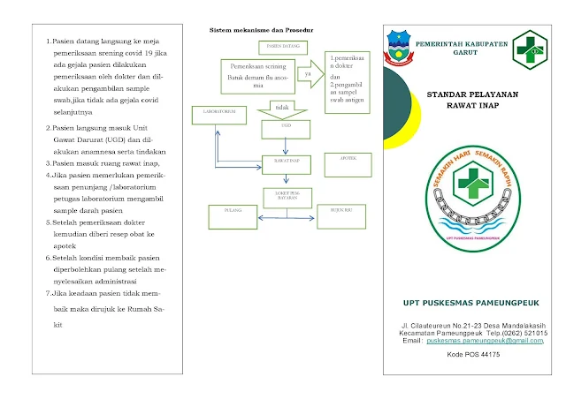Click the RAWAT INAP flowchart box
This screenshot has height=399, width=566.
(285, 162)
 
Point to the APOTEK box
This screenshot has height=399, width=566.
(347, 158)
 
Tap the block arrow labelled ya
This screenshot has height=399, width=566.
(309, 74)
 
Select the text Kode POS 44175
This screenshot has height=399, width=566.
(474, 354)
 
